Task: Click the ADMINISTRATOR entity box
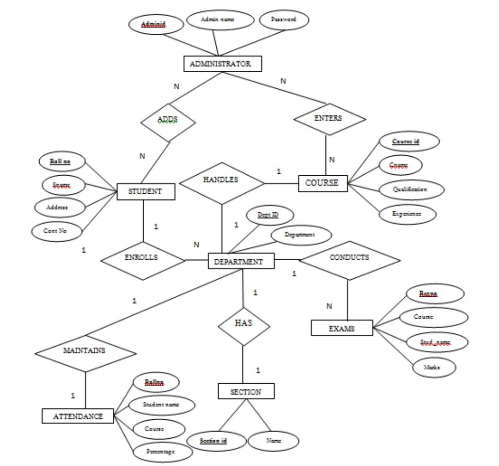point(223,64)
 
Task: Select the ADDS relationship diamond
point(167,121)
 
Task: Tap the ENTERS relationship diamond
point(330,119)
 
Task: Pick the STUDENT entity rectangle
point(146,191)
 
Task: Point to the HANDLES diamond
point(221,183)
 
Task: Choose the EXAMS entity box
point(341,329)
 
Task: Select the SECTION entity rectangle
point(246,392)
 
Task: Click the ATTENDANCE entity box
point(78,416)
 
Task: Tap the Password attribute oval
point(283,19)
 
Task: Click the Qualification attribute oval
point(411,190)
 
